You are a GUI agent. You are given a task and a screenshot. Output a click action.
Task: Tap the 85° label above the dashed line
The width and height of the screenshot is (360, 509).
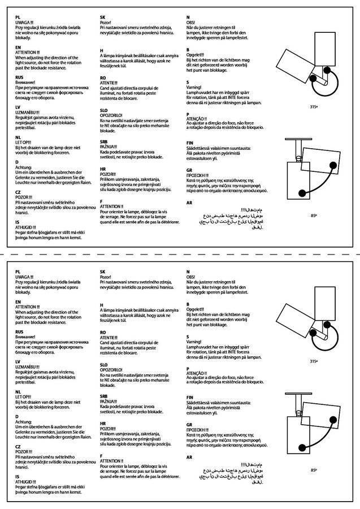click(314, 215)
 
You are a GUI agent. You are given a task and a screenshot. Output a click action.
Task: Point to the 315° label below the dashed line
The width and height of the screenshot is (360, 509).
click(314, 360)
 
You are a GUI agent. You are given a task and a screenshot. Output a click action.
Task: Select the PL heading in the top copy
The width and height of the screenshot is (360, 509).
click(19, 18)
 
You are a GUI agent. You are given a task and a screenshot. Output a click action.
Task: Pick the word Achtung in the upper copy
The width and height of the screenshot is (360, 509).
click(22, 166)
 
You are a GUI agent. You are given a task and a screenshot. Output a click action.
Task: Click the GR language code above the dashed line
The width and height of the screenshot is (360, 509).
click(189, 170)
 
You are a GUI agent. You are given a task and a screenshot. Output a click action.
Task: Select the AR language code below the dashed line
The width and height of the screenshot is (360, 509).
click(189, 456)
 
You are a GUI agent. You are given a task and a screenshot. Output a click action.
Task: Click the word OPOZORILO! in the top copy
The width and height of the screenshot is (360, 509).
click(111, 115)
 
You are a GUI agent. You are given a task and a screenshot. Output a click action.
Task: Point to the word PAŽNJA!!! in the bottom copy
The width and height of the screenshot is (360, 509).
click(109, 401)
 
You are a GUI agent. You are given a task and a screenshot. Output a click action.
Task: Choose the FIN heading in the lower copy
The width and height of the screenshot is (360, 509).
click(190, 398)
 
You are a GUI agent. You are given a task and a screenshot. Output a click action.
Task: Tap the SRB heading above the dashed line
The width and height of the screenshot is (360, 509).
click(103, 143)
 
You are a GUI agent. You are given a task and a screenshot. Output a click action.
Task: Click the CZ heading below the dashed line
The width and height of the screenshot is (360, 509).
click(19, 446)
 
